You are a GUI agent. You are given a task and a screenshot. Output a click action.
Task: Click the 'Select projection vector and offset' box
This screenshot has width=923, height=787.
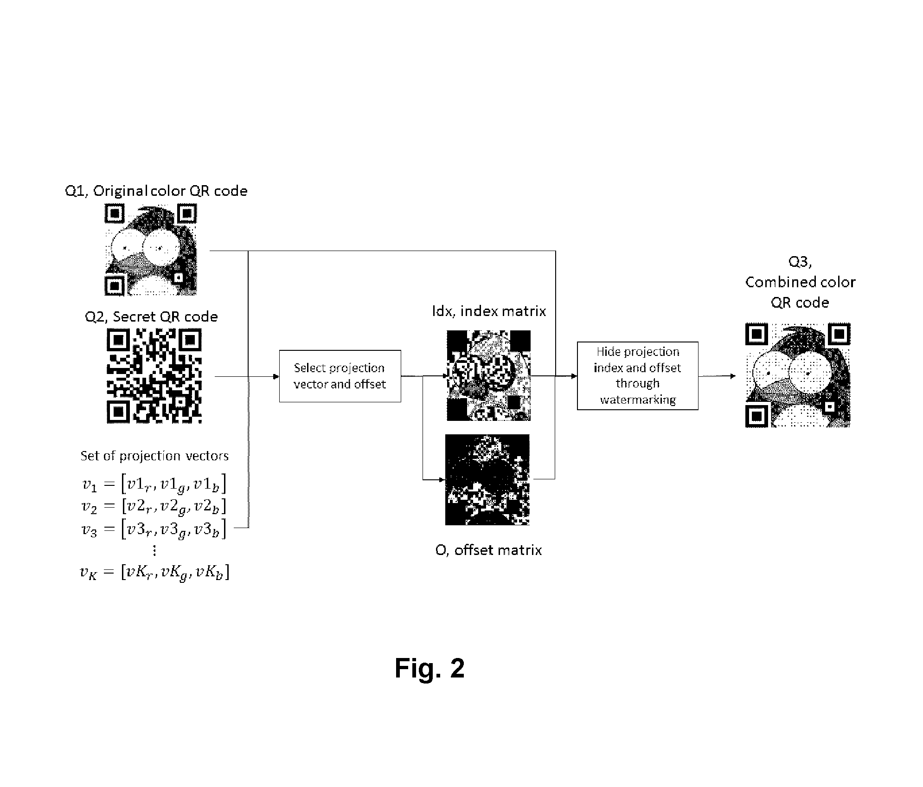click(x=340, y=376)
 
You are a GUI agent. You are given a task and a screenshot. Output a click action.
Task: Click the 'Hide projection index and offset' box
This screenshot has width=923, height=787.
click(x=637, y=376)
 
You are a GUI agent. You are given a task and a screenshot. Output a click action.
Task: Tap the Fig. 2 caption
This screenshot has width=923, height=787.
click(x=429, y=668)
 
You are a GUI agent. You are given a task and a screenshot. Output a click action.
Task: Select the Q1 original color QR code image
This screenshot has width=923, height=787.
click(x=151, y=250)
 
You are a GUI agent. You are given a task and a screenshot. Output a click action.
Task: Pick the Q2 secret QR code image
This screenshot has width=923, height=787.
click(x=154, y=376)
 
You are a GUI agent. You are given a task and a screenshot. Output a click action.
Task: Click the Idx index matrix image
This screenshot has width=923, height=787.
click(x=488, y=375)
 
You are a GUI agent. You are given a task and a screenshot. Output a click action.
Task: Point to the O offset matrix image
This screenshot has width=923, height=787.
click(x=487, y=480)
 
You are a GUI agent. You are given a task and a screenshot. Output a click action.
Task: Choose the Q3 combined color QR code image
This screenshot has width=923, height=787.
click(x=798, y=375)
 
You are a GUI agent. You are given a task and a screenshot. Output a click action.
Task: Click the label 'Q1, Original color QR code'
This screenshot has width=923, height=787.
click(x=156, y=191)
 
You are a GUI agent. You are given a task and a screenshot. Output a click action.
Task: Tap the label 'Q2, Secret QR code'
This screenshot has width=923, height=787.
click(x=151, y=316)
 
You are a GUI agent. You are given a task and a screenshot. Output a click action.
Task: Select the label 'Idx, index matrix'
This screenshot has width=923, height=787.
click(x=489, y=310)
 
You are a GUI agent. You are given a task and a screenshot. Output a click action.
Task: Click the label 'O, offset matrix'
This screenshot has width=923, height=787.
click(x=488, y=550)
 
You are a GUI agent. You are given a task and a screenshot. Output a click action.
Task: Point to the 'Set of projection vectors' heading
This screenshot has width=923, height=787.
click(x=154, y=456)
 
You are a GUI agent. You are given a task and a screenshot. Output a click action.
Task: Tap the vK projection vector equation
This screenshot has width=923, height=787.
click(x=154, y=572)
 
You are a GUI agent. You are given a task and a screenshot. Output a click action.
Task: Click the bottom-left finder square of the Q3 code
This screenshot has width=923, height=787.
click(x=757, y=415)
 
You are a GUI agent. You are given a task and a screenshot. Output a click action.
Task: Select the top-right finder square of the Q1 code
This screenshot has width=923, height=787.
click(x=186, y=214)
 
